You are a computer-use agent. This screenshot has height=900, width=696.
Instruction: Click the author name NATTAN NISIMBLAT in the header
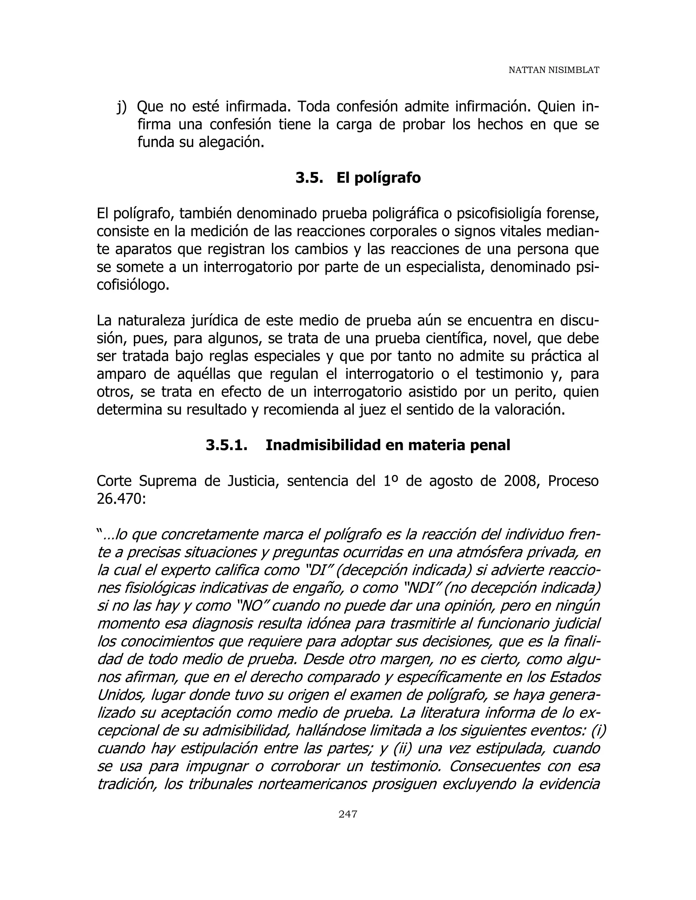(553, 70)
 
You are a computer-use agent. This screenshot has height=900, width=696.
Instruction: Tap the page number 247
(348, 814)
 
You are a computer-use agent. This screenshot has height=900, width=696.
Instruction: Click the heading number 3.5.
(309, 178)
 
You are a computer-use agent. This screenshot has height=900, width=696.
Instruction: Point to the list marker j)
(122, 107)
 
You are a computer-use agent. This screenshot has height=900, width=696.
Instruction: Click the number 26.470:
(121, 499)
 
